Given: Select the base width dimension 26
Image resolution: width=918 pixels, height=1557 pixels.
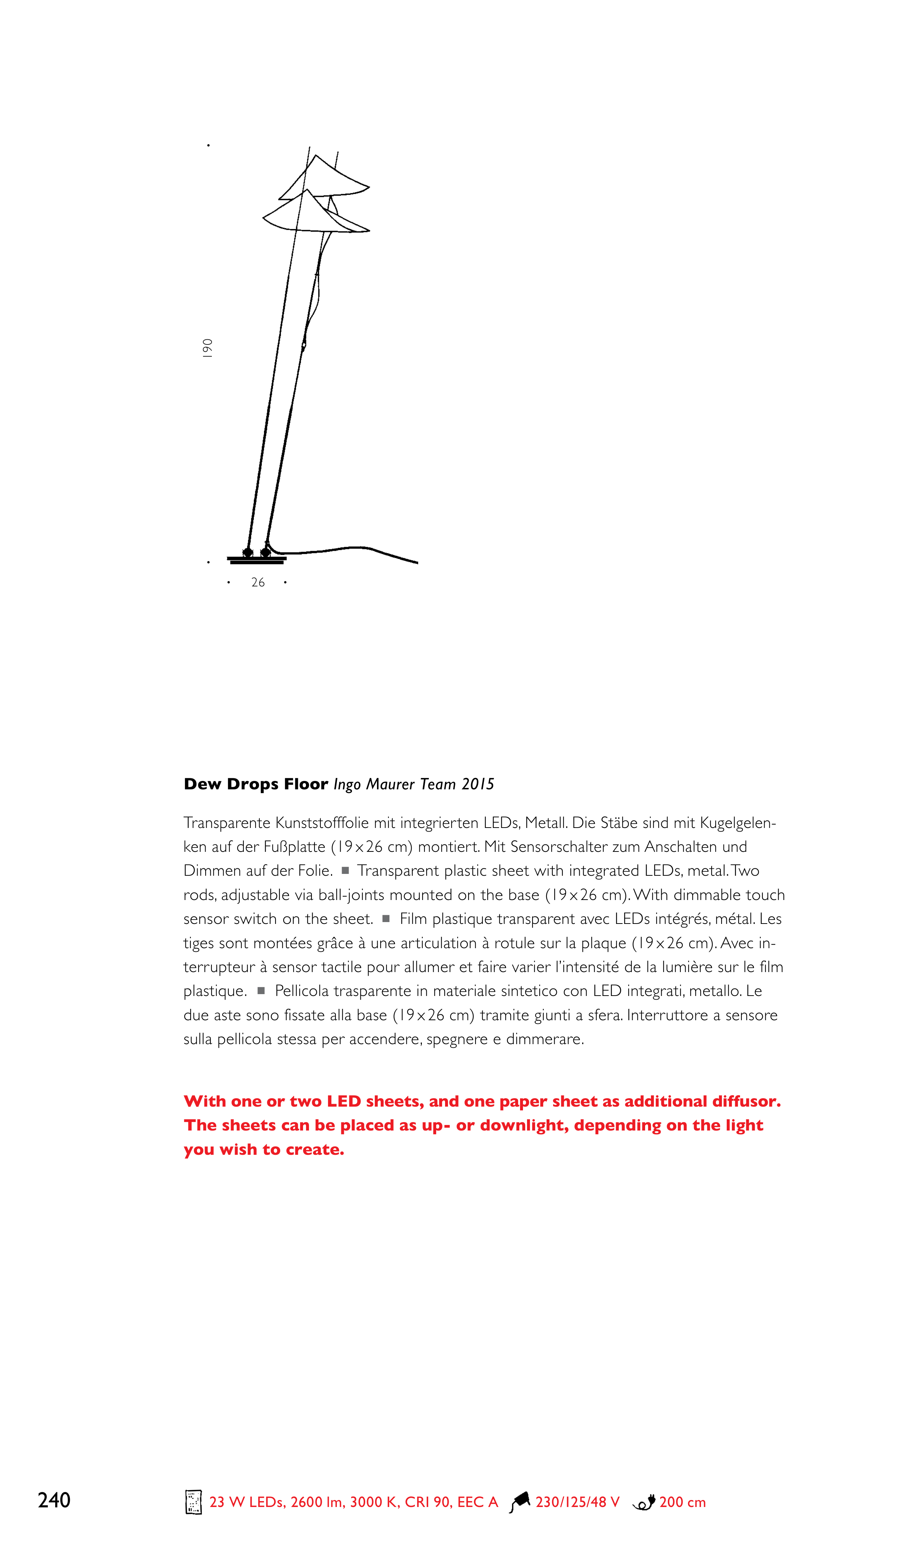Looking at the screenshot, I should [x=258, y=582].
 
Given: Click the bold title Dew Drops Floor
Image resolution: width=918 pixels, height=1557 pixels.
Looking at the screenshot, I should [x=256, y=784].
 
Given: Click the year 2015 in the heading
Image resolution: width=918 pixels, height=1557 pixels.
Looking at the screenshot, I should [x=478, y=784].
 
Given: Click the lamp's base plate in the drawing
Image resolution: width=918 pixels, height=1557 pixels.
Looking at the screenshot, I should [x=257, y=560].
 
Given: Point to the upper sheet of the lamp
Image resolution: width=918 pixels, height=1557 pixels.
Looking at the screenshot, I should [x=328, y=179].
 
